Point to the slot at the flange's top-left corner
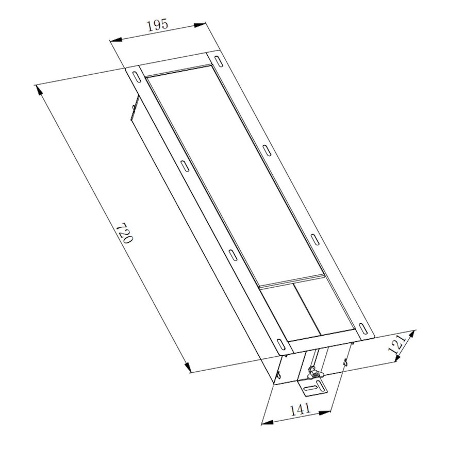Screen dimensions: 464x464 tap(136, 75)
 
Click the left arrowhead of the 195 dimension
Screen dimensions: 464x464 tap(115, 40)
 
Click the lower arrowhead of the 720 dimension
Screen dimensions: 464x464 tap(189, 368)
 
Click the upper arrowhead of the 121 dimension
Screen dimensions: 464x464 tap(413, 333)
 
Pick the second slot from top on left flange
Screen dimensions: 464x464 tap(184, 165)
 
